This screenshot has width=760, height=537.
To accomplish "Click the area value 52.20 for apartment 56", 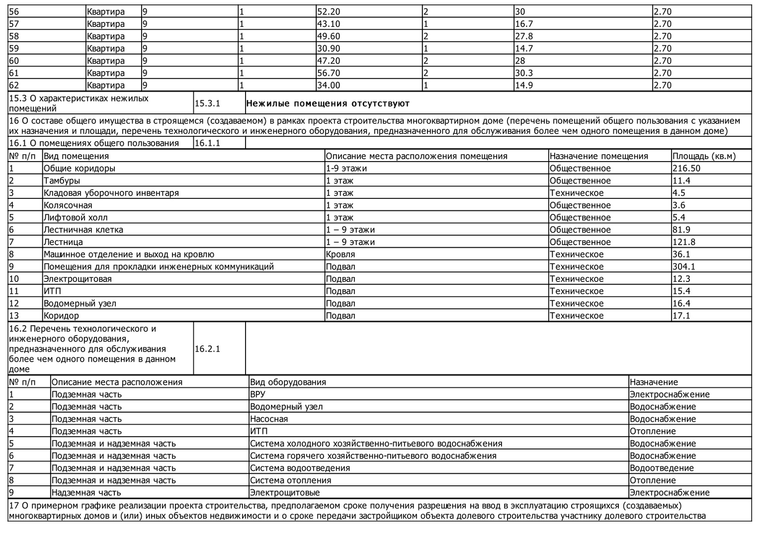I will (329, 12).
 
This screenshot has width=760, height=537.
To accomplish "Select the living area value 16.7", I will (524, 24).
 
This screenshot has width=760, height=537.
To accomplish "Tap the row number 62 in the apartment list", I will (14, 86).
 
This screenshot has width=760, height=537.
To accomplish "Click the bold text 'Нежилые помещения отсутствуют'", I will (328, 103).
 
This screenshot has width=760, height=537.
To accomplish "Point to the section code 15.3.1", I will (207, 103).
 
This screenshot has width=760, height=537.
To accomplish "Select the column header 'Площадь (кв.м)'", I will (704, 156).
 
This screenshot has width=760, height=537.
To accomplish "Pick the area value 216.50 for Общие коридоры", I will (686, 169).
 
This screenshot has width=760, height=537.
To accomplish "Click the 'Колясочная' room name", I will (68, 205).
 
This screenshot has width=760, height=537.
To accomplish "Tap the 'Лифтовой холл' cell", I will (76, 217).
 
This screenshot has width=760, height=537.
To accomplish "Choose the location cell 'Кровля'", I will (340, 255).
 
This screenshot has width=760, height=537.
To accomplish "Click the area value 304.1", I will (684, 267).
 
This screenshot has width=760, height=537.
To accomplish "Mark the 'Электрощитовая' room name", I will (78, 279).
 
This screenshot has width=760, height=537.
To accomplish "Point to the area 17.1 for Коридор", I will (681, 316).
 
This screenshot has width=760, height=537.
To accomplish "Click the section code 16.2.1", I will (207, 349).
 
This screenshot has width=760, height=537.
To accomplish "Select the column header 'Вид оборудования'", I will (288, 382).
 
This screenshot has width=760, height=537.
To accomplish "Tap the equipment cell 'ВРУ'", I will (257, 394).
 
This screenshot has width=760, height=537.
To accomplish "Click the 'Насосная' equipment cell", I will (269, 419).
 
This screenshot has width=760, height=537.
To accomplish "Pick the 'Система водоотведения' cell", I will (300, 468).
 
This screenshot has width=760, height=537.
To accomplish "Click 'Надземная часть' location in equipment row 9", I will (86, 493).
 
